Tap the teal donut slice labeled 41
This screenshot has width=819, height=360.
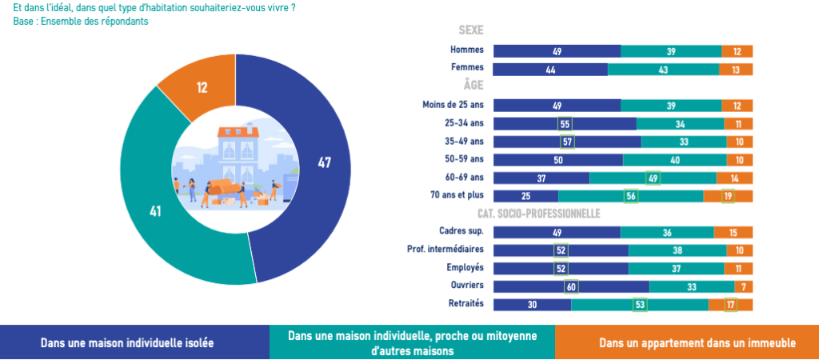tap(156, 212)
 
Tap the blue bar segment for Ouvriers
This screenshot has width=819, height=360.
tap(571, 286)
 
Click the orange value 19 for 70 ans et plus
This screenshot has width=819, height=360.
tap(728, 196)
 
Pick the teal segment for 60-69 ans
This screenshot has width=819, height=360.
tap(653, 178)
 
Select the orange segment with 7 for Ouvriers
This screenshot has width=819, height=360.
tap(744, 286)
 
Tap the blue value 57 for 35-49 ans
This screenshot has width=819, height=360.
tap(567, 142)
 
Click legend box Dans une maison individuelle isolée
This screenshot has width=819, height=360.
tap(134, 342)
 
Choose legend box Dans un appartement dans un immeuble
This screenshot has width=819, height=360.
tap(686, 342)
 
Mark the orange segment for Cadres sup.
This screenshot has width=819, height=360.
tap(733, 232)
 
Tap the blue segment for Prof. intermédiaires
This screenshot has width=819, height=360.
tap(561, 250)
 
